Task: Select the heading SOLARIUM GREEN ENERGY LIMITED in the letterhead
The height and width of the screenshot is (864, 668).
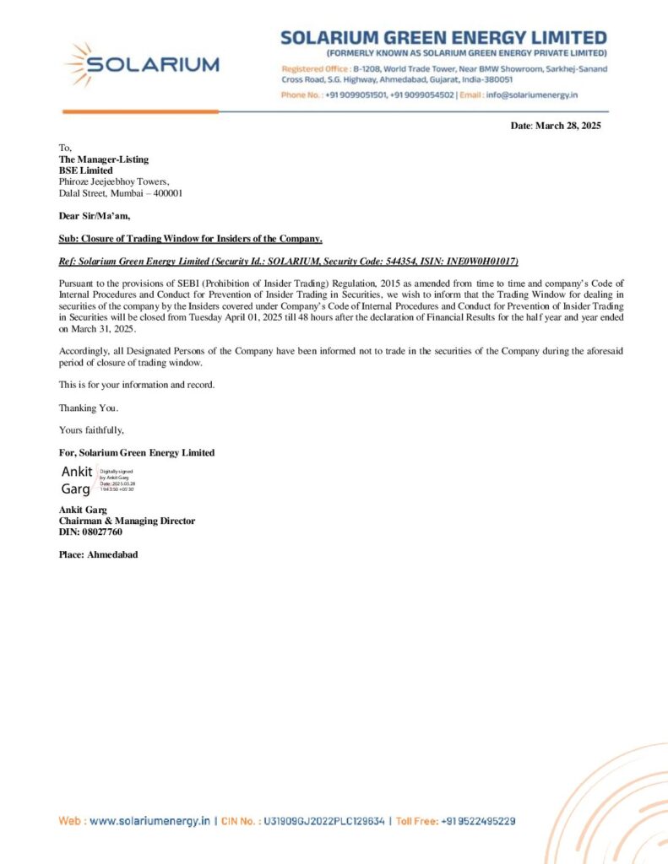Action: [443, 38]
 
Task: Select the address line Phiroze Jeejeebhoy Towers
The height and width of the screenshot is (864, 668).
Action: [114, 181]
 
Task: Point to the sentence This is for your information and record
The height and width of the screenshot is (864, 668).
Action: [137, 384]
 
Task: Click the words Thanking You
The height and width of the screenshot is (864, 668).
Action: [83, 408]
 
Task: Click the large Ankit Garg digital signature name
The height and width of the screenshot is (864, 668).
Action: [77, 480]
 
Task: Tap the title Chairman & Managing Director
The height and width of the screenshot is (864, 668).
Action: [127, 521]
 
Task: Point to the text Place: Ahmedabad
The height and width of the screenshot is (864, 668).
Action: [98, 554]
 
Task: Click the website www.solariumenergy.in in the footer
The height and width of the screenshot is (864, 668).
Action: [149, 820]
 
